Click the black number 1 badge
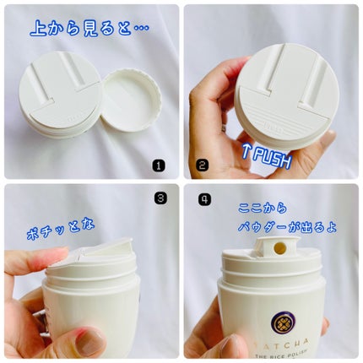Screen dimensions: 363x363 point(159,165)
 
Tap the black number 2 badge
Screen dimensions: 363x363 point(202,165)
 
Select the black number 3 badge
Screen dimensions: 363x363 point(160,198)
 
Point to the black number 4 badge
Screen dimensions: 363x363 point(204,199)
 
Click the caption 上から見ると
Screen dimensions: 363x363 point(80,29)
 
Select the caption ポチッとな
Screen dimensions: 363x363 point(60,230)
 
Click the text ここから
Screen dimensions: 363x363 point(262,209)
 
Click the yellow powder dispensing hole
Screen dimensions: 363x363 point(279,248)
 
